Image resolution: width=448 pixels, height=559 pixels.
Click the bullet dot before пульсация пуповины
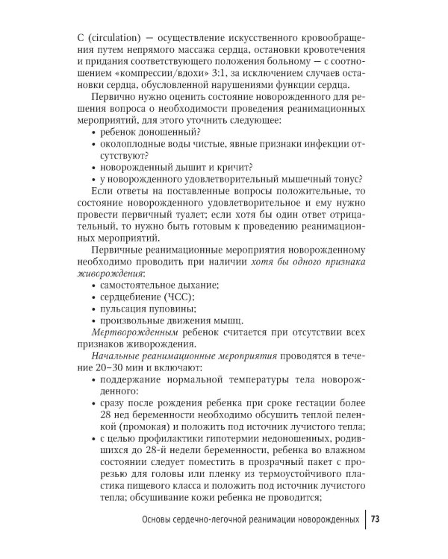[92, 309]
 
